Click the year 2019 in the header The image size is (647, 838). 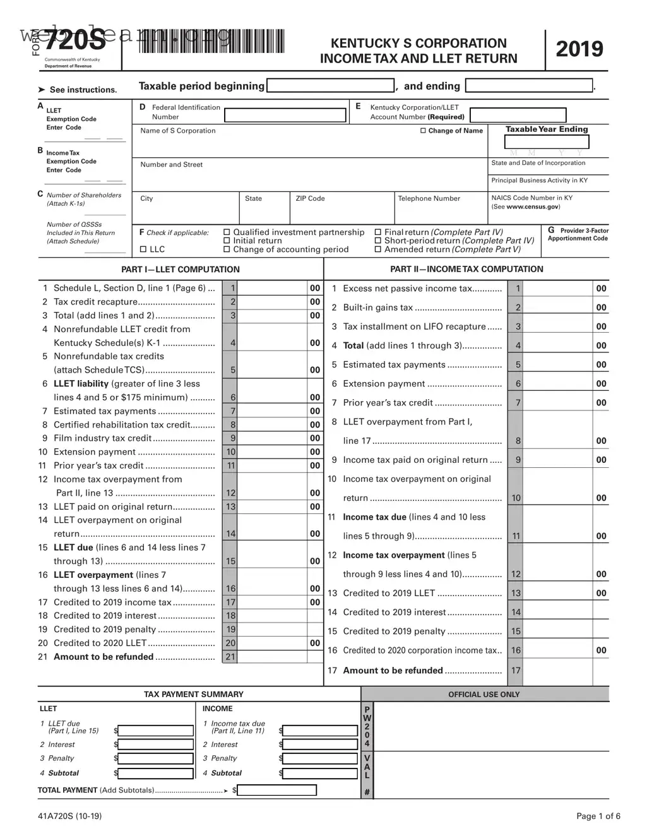579,49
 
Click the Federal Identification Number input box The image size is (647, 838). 285,116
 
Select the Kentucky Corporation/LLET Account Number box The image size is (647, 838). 518,115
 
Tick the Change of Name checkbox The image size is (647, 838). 424,131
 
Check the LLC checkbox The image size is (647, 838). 143,249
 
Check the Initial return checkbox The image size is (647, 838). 227,241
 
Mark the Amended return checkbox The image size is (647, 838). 378,249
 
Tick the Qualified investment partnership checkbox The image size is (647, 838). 227,232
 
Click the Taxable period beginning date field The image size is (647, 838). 331,86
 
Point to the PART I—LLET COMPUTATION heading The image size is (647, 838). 181,269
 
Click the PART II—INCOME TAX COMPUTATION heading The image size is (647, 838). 466,269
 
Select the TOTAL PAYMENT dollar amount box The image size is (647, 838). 277,790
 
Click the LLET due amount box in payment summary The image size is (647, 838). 156,731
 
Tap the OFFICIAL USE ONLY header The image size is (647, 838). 484,694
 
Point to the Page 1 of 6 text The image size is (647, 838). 598,816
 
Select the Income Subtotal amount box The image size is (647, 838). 321,773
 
